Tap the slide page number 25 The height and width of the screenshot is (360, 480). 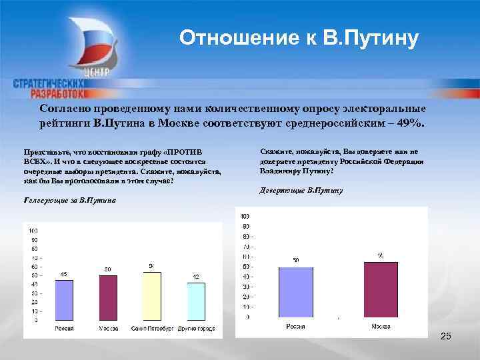(x=446, y=337)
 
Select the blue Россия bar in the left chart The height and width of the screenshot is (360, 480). (x=64, y=301)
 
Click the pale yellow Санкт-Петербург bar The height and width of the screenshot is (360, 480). (x=152, y=297)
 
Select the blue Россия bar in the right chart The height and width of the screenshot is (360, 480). (x=295, y=291)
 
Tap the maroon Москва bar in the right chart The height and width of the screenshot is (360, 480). (x=381, y=289)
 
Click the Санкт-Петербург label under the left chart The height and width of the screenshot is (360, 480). (x=151, y=329)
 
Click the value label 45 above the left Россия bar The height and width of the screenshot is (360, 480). (x=64, y=274)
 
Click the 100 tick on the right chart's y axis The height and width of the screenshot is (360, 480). (x=245, y=216)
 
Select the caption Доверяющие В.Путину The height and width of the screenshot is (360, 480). (x=301, y=191)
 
